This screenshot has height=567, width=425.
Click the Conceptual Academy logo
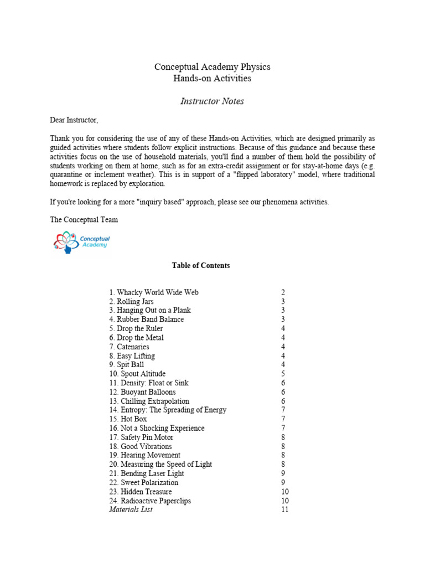pos(82,242)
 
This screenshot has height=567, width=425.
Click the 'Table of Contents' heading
pos(200,266)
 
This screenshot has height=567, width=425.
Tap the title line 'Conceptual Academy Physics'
pos(212,67)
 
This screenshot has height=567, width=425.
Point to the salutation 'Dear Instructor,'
pos(74,120)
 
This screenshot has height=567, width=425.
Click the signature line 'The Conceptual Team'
pos(84,220)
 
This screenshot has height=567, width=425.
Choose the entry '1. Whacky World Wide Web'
pos(153,292)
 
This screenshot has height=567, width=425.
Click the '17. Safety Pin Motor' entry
pos(141,437)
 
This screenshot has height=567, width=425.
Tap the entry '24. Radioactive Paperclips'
pos(149,501)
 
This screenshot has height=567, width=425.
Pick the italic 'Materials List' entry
pos(131,509)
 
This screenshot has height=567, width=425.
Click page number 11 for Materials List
pos(284,509)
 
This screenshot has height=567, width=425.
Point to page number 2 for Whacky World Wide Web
pos(283,292)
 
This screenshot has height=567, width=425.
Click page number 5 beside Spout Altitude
pos(283,374)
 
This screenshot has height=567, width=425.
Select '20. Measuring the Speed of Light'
pos(160,465)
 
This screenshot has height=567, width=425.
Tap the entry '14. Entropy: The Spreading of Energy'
pos(168,410)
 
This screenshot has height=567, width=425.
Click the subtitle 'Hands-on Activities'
pos(212,79)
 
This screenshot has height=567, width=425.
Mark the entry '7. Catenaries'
pos(129,347)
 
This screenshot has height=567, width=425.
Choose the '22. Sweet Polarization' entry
pos(143,482)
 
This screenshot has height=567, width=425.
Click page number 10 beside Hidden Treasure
pos(284,492)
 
